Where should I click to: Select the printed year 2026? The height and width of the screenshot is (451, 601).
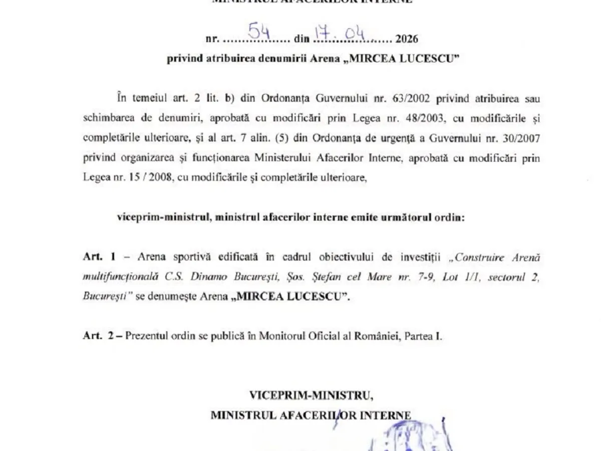(406, 39)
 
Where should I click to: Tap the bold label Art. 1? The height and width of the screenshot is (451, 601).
(99, 257)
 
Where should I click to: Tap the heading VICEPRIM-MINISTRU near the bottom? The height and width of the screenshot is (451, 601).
(311, 395)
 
